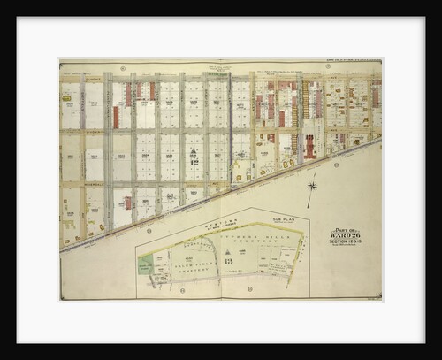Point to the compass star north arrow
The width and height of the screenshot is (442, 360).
click(x=312, y=186)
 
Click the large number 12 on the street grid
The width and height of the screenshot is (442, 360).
click(x=194, y=162)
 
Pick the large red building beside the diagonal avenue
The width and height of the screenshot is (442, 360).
click(x=310, y=145)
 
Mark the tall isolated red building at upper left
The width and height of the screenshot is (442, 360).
click(x=116, y=117)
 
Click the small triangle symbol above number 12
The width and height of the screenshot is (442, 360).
click(x=194, y=152)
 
